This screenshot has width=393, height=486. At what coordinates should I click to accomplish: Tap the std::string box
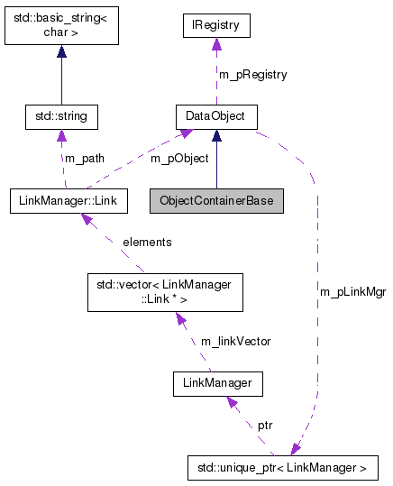coord(61,116)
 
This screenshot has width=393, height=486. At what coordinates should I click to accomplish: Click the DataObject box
coord(215,116)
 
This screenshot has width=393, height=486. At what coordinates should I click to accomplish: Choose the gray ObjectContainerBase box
coord(216,199)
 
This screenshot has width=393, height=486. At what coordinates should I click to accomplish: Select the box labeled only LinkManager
coord(217,385)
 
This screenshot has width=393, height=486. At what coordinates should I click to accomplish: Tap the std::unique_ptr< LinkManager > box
coord(282,468)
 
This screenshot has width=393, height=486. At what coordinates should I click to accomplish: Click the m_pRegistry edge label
coord(252,75)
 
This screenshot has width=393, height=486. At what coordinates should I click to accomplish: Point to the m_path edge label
coord(83,158)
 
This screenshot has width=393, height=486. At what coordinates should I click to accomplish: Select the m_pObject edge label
coord(178,158)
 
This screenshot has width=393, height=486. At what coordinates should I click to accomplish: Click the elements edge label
coord(147,242)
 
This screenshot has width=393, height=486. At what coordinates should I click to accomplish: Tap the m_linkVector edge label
coord(235,341)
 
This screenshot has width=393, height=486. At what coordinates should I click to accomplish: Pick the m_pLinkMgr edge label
coord(352,292)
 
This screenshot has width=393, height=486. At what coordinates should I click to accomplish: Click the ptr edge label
coord(265,424)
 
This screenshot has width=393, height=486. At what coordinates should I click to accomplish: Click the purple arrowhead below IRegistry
coord(215,47)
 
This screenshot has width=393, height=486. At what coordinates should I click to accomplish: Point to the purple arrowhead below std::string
coord(61,136)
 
